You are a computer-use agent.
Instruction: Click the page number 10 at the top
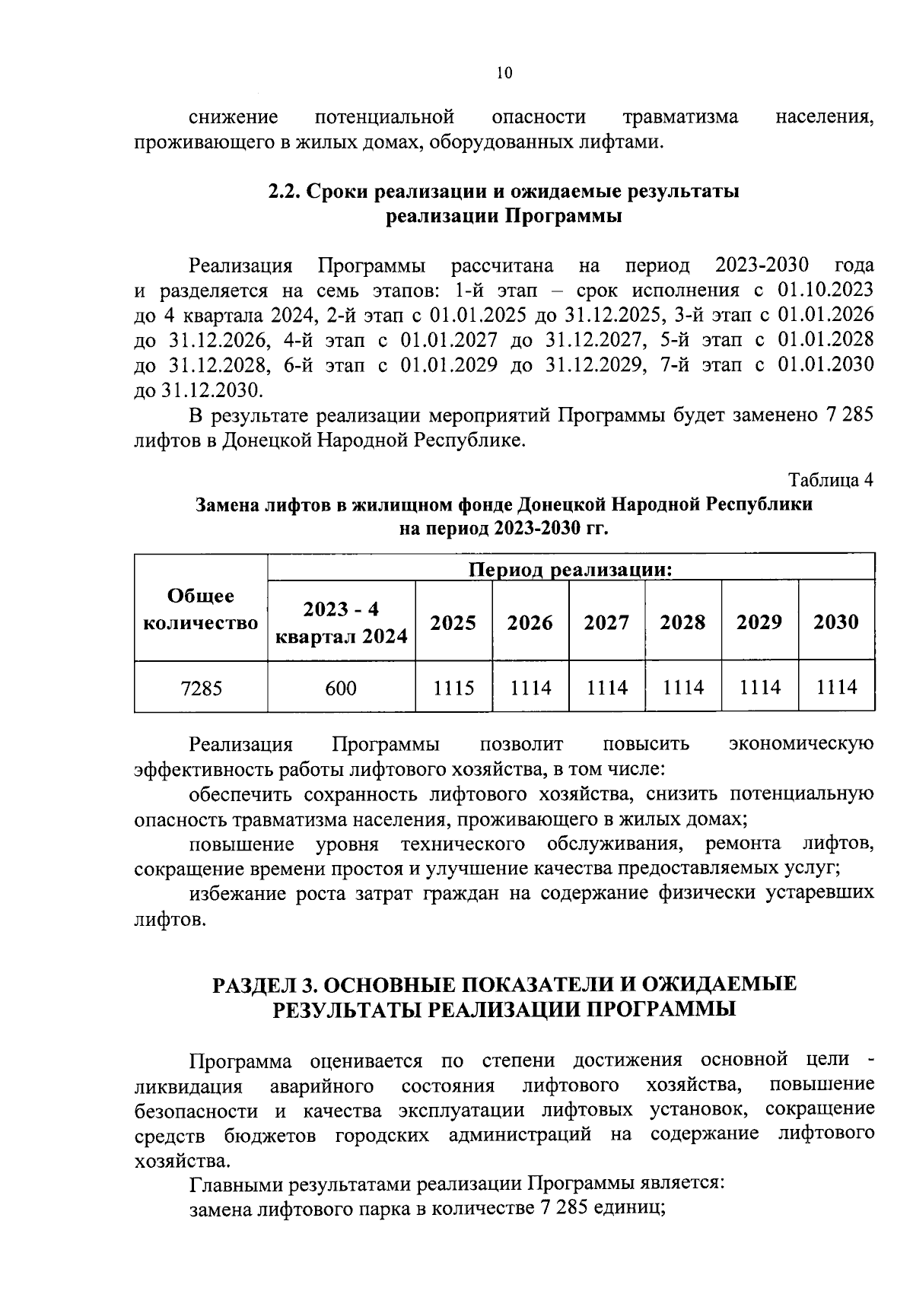click(x=504, y=73)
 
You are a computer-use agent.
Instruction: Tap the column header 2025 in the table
click(x=453, y=623)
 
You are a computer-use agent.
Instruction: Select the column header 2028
click(x=682, y=623)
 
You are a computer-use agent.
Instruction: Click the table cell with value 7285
click(x=202, y=688)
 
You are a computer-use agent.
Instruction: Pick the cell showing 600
click(x=341, y=688)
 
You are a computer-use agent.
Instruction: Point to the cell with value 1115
click(x=453, y=688)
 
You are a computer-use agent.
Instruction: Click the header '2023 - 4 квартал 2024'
click(x=341, y=623)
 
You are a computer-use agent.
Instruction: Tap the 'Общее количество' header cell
click(x=201, y=609)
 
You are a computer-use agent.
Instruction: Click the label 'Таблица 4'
click(x=831, y=481)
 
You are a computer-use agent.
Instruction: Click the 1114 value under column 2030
click(x=836, y=688)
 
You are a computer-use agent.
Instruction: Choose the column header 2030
click(x=836, y=623)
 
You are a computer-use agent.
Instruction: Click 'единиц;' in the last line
click(x=633, y=1210)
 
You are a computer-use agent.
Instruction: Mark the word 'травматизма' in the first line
click(x=680, y=117)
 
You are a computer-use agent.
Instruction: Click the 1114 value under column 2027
click(x=606, y=688)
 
